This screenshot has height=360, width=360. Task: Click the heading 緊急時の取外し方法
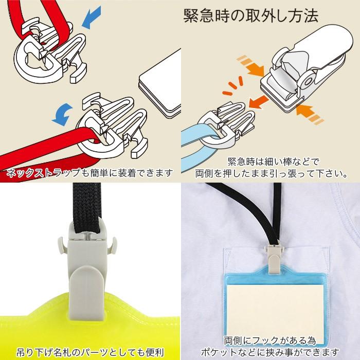pos(250,15)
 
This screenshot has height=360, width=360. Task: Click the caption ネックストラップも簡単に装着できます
pos(90,173)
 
